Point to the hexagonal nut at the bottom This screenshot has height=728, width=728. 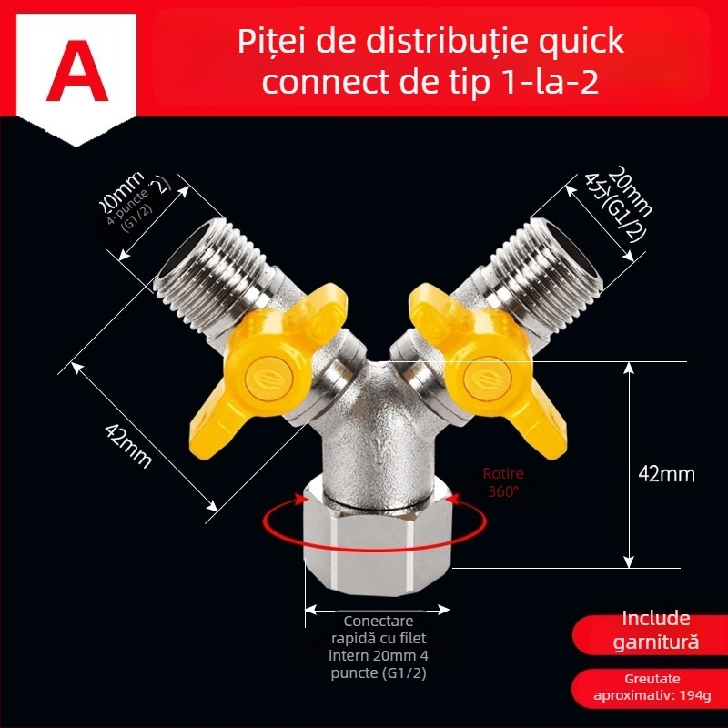coord(379,537)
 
